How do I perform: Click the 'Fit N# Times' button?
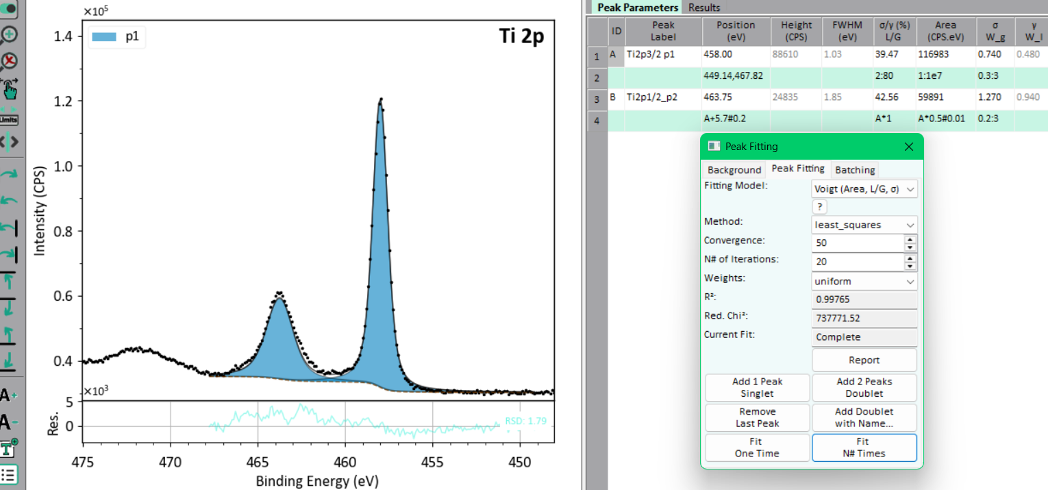click(864, 448)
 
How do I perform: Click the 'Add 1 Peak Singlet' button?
click(757, 387)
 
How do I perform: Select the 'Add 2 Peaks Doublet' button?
click(864, 387)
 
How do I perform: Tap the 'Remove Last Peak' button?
click(757, 417)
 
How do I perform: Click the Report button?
click(864, 360)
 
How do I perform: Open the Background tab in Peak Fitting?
click(734, 170)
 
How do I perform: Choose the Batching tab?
click(855, 170)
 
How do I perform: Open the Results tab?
click(703, 8)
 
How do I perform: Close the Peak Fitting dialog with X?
click(908, 147)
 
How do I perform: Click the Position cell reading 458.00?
click(718, 54)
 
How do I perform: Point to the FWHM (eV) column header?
click(847, 31)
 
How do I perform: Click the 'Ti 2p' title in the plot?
click(521, 36)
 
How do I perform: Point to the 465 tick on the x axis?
click(258, 463)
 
